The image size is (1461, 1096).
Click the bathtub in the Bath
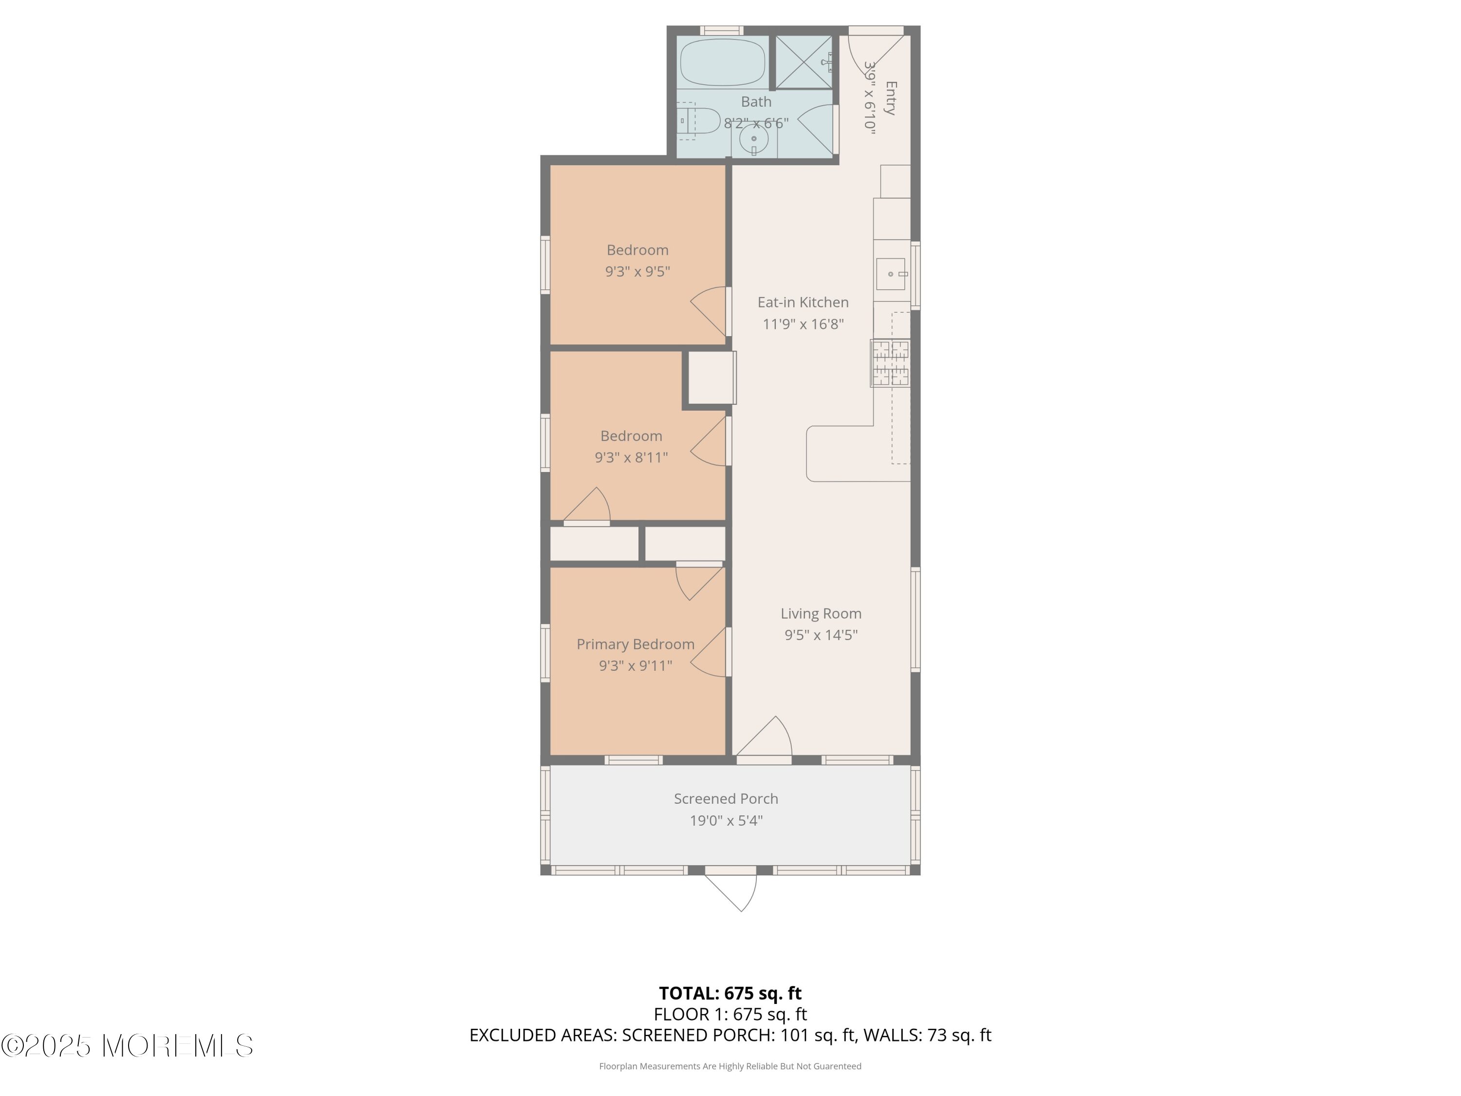point(723,62)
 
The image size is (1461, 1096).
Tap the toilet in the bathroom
point(698,121)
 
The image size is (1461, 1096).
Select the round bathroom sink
point(753,139)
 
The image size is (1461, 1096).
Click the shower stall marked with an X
point(803,62)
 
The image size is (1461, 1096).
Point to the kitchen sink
point(892,273)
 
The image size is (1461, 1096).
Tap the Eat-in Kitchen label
point(803,302)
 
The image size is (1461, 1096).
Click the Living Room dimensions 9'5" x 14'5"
point(821,635)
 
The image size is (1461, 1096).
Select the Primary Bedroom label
point(636,644)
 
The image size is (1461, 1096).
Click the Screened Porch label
point(726,799)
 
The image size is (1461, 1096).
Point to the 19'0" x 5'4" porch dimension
point(726,820)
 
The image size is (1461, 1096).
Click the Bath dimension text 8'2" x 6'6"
point(756,123)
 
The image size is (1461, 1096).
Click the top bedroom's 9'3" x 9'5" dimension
point(637,271)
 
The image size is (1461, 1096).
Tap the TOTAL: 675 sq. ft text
point(730,993)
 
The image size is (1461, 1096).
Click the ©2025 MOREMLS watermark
point(127,1046)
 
